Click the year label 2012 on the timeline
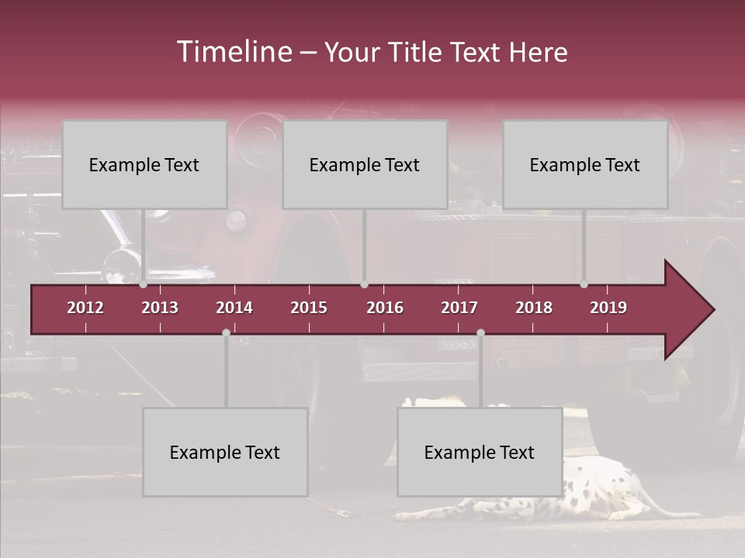[x=85, y=308]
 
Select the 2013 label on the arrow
[x=160, y=308]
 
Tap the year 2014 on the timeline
[x=234, y=308]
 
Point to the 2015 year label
[x=309, y=308]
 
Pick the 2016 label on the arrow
[x=385, y=308]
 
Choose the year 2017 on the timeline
[x=459, y=308]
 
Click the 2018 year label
[x=534, y=308]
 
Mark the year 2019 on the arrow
[x=608, y=308]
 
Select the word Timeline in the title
[x=234, y=52]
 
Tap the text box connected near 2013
[x=144, y=164]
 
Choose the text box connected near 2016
[x=365, y=164]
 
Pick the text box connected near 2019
[x=585, y=164]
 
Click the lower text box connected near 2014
[x=225, y=452]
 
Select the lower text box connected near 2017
[x=480, y=452]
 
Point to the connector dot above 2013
[x=144, y=284]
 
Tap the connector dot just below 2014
[x=226, y=332]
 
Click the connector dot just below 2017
[x=480, y=332]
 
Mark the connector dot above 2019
[x=584, y=284]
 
